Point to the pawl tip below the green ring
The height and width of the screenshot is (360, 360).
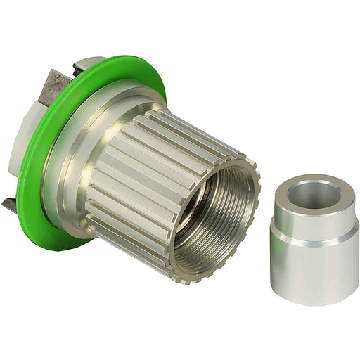[x=11, y=205]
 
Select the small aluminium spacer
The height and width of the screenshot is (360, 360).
[x=314, y=239]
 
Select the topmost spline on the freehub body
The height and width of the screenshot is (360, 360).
[x=190, y=120]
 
